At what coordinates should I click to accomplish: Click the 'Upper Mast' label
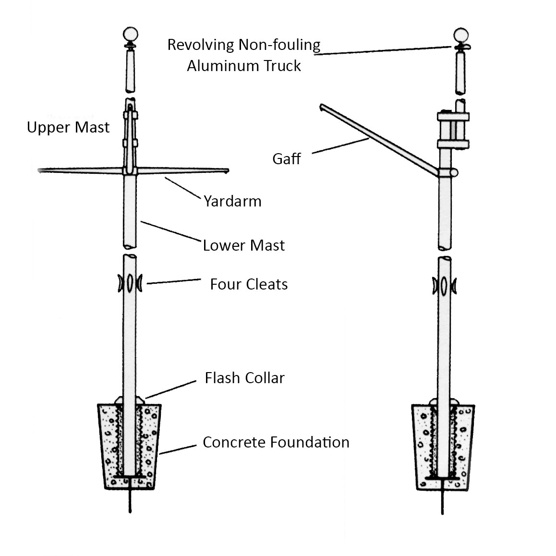click(68, 128)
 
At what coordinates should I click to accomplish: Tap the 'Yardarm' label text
click(232, 201)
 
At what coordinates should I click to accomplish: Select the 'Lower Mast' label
click(243, 245)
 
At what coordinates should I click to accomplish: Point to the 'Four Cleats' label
click(249, 284)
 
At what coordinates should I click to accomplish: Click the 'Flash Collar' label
click(244, 378)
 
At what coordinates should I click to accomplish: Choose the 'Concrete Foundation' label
click(276, 442)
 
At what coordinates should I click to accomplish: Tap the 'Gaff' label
click(287, 159)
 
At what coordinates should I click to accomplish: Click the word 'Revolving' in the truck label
click(202, 45)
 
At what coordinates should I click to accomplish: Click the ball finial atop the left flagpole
click(131, 35)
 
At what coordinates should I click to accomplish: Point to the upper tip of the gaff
click(321, 107)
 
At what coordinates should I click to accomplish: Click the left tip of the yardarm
click(40, 169)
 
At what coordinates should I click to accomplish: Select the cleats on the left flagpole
click(130, 283)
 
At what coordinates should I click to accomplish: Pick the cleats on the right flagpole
click(444, 285)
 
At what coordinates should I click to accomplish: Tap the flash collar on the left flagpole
click(130, 400)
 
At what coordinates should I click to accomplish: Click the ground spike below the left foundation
click(130, 502)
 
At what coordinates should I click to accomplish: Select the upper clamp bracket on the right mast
click(453, 116)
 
